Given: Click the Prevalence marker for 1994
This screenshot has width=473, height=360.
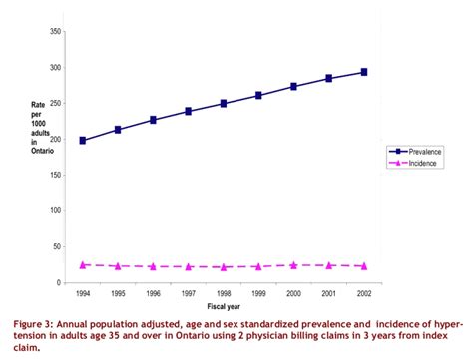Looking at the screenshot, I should pyautogui.click(x=83, y=141).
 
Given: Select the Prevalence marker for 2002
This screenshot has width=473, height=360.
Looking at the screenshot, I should pyautogui.click(x=364, y=72).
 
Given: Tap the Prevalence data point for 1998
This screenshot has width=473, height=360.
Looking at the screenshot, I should pyautogui.click(x=224, y=103).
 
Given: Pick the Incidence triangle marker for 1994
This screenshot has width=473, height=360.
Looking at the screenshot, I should pyautogui.click(x=83, y=264).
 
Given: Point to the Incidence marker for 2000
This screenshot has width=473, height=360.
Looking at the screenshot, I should pyautogui.click(x=293, y=265).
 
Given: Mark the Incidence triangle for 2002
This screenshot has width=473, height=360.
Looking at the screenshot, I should pyautogui.click(x=364, y=266).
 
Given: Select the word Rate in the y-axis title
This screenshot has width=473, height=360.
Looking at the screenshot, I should pyautogui.click(x=27, y=104).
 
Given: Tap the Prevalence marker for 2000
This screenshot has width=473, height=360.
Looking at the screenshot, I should pyautogui.click(x=293, y=87).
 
